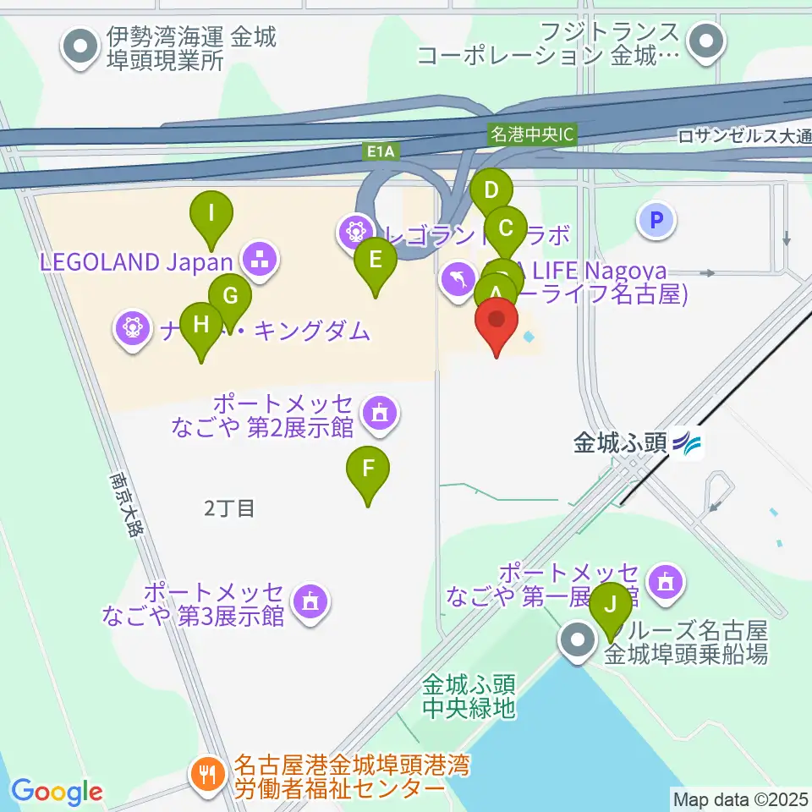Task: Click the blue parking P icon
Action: pyautogui.click(x=656, y=222)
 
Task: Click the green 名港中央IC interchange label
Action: pyautogui.click(x=533, y=134)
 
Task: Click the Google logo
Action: pyautogui.click(x=57, y=792)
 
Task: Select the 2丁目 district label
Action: pyautogui.click(x=229, y=508)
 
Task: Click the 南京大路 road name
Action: pyautogui.click(x=128, y=504)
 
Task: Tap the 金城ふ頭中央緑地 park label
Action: pyautogui.click(x=469, y=696)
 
